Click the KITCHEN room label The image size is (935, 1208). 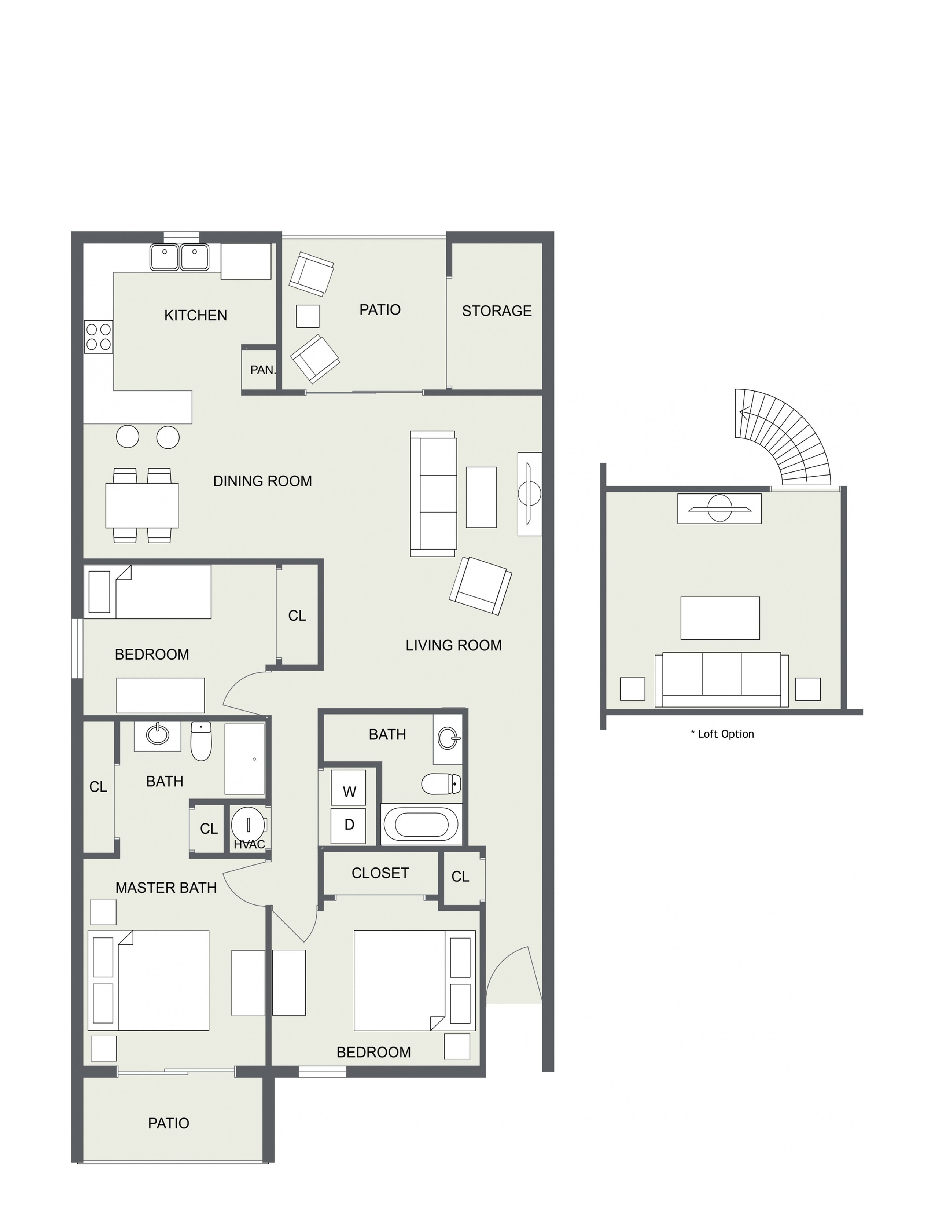[195, 315]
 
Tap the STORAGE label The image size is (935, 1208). [497, 311]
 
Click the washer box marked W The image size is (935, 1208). [348, 787]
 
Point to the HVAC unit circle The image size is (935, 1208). [248, 824]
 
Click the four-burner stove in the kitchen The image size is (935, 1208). [99, 337]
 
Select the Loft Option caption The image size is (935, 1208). [722, 734]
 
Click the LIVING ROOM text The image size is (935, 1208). [453, 646]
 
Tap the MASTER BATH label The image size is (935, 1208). [166, 888]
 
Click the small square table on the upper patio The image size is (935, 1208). [308, 316]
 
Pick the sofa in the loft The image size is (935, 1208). [722, 679]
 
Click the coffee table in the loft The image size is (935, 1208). [720, 618]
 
